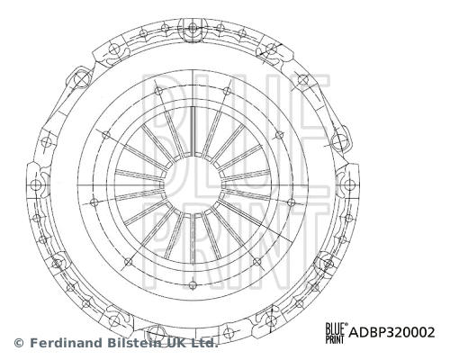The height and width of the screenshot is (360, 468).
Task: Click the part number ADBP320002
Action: (x=391, y=331)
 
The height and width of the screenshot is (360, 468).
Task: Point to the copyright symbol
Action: (x=19, y=343)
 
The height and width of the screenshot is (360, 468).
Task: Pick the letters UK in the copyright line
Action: (x=176, y=343)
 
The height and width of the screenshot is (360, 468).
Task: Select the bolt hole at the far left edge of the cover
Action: (x=37, y=184)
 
